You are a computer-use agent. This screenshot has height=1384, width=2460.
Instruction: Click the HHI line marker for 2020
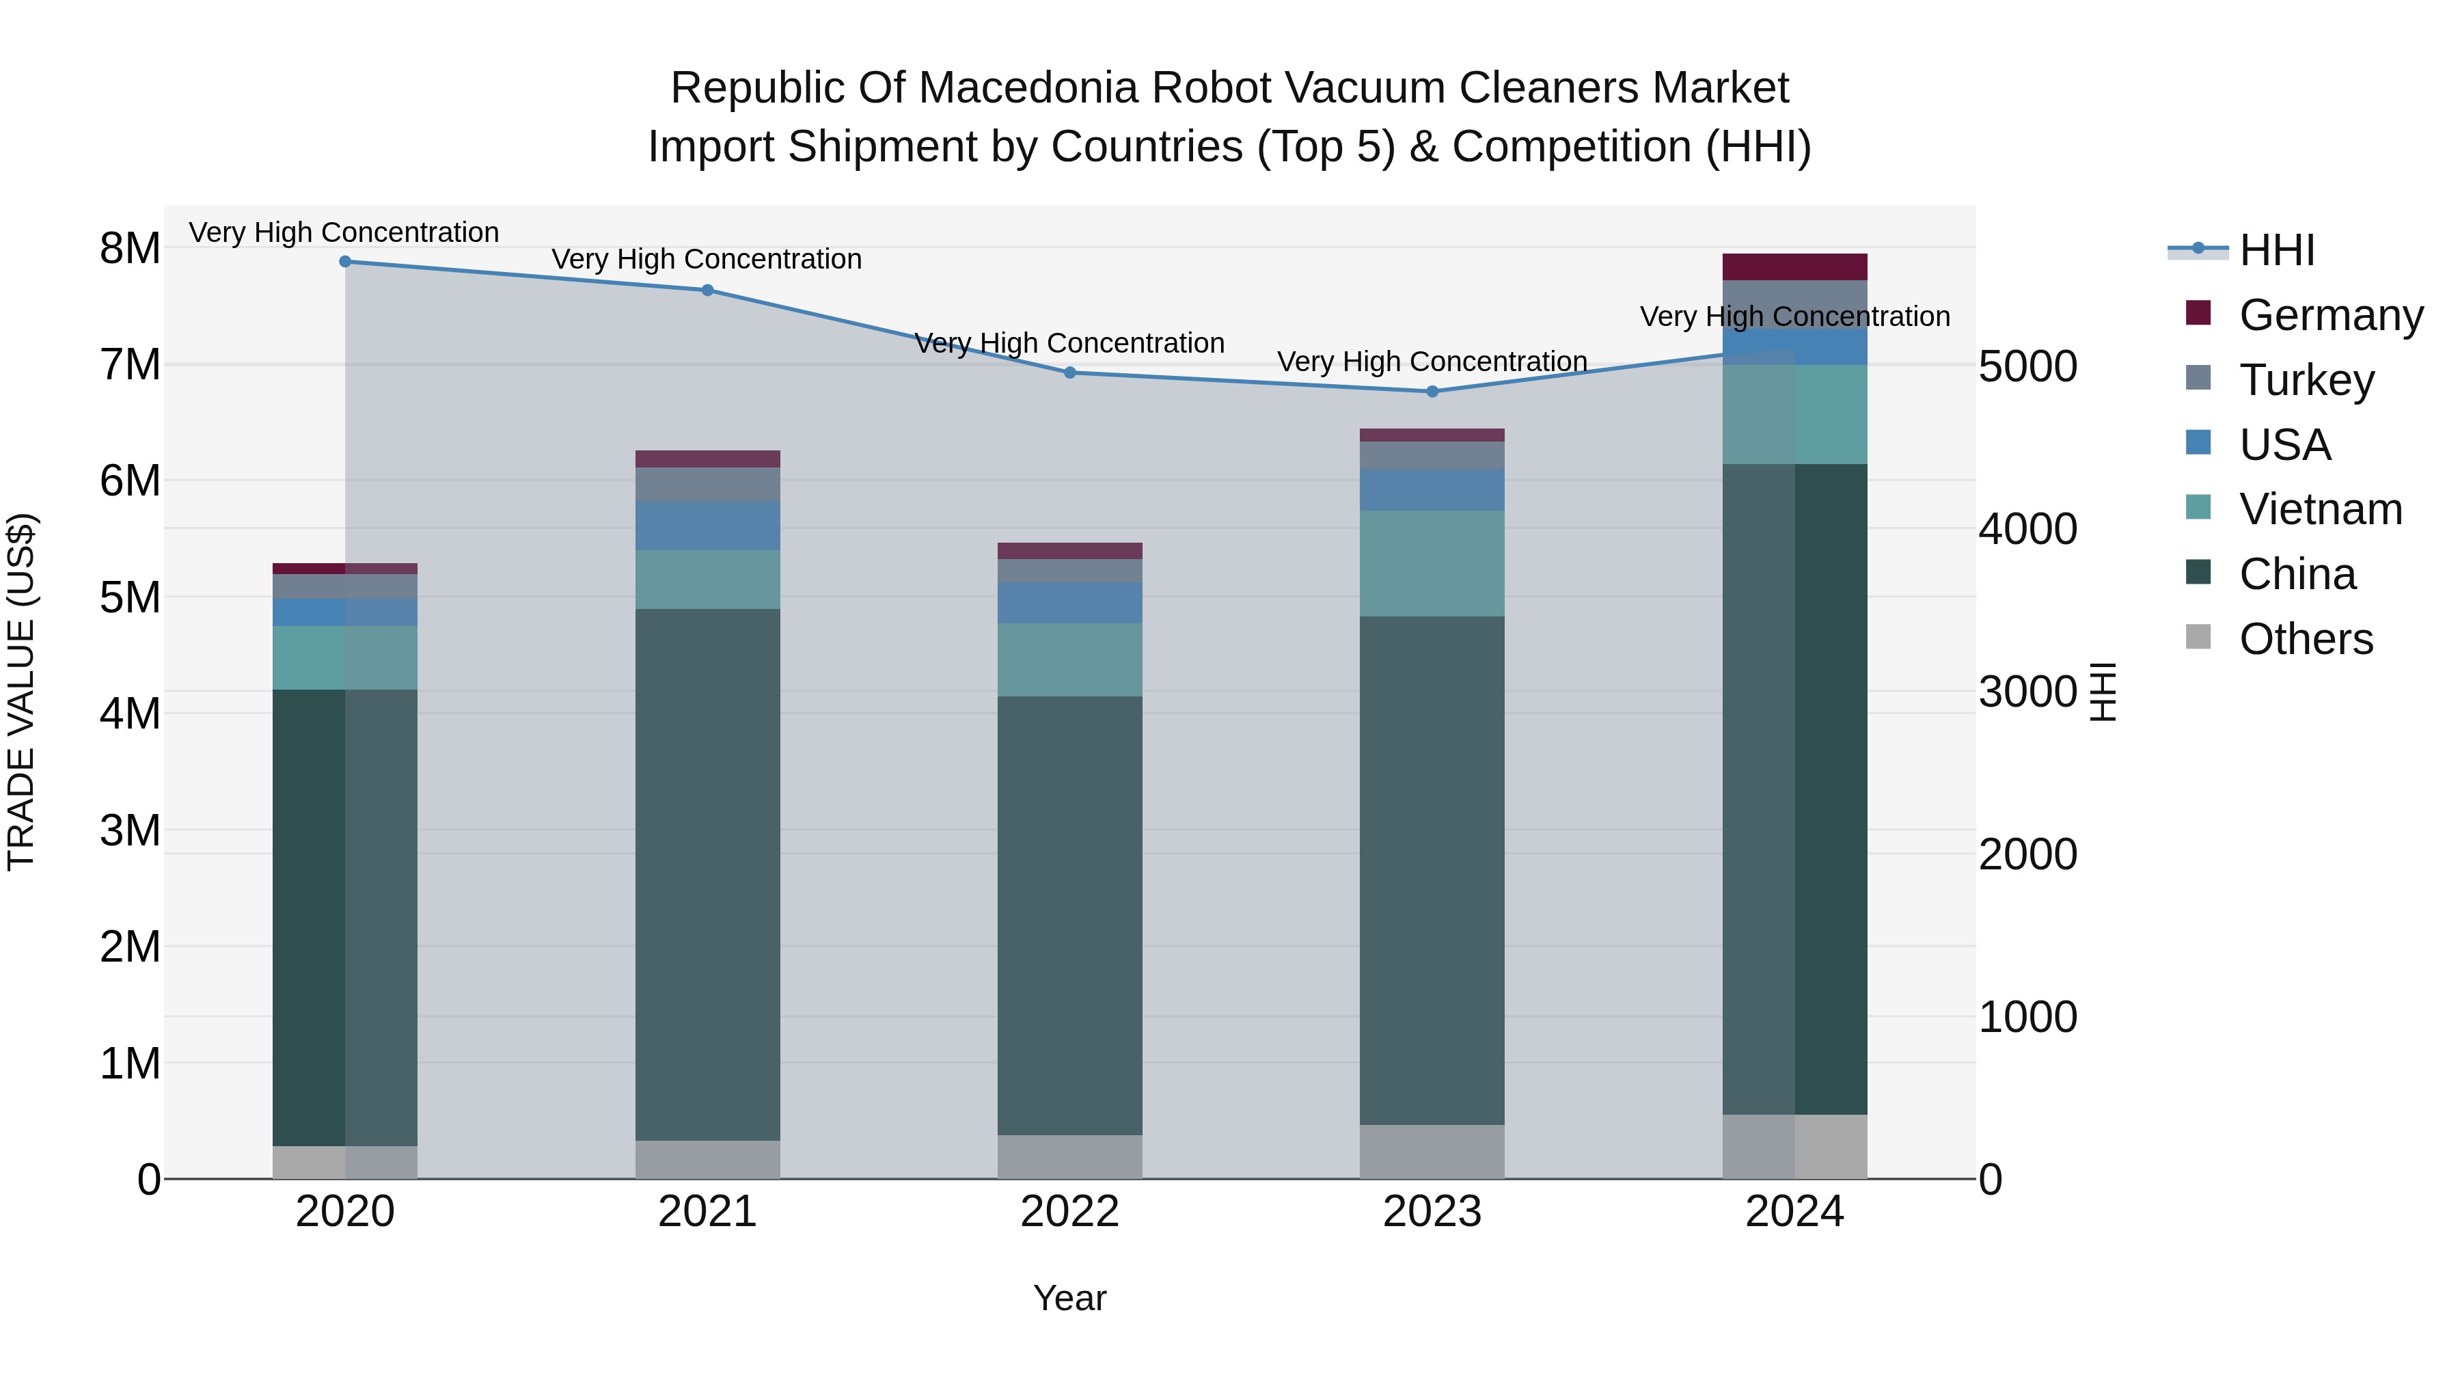click(345, 262)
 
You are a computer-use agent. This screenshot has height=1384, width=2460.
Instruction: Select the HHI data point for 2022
click(1069, 372)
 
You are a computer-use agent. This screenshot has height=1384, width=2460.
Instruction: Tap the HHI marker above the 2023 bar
click(1432, 392)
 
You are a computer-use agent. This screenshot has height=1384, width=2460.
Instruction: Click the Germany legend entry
click(2330, 315)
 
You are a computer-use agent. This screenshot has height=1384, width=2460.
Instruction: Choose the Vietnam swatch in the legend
click(2198, 507)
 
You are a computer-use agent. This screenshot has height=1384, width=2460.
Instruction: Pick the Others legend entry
click(2306, 639)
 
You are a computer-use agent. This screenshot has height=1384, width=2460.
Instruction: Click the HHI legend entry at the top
click(2277, 250)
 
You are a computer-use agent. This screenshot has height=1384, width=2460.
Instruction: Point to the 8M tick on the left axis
click(130, 248)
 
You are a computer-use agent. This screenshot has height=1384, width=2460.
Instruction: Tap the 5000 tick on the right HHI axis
click(2027, 367)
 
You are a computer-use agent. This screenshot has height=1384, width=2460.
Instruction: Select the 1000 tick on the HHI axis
click(2027, 1017)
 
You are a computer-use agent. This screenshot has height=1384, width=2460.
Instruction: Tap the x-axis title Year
click(1069, 1298)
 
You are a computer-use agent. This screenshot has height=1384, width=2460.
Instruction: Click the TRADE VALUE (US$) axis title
click(21, 692)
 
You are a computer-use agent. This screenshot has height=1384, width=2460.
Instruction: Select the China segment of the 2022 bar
click(1069, 915)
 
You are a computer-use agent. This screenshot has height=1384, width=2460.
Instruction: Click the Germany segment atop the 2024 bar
click(1794, 267)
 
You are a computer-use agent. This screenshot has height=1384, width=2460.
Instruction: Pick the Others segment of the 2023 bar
click(1432, 1151)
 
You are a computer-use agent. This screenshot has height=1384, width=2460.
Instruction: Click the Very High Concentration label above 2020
click(344, 232)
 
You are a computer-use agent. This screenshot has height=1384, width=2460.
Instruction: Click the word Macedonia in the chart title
click(1028, 88)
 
